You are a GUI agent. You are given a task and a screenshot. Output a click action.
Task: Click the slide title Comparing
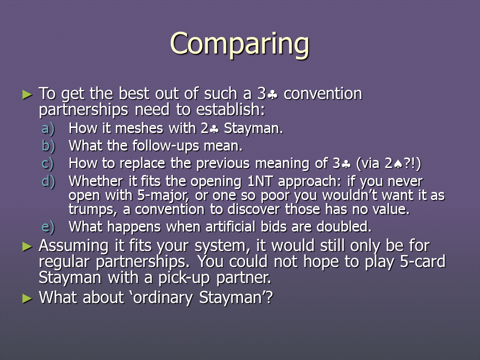coord(239,44)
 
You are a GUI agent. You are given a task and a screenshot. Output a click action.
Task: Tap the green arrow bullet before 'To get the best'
coord(27,94)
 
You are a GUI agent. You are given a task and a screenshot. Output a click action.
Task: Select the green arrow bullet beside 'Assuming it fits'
coord(27,246)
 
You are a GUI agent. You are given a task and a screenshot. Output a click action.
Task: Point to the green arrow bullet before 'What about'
coord(27,298)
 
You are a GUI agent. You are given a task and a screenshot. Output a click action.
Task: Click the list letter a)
coord(48,128)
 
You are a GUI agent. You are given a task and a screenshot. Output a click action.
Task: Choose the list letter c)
coord(48,164)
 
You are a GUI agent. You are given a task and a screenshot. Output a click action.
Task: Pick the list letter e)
coord(48,227)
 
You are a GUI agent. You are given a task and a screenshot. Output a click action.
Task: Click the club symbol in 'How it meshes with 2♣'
coord(214,129)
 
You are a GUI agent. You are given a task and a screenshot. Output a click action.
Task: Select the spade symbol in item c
coord(398,164)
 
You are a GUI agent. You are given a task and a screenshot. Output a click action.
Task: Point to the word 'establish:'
coord(230,109)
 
